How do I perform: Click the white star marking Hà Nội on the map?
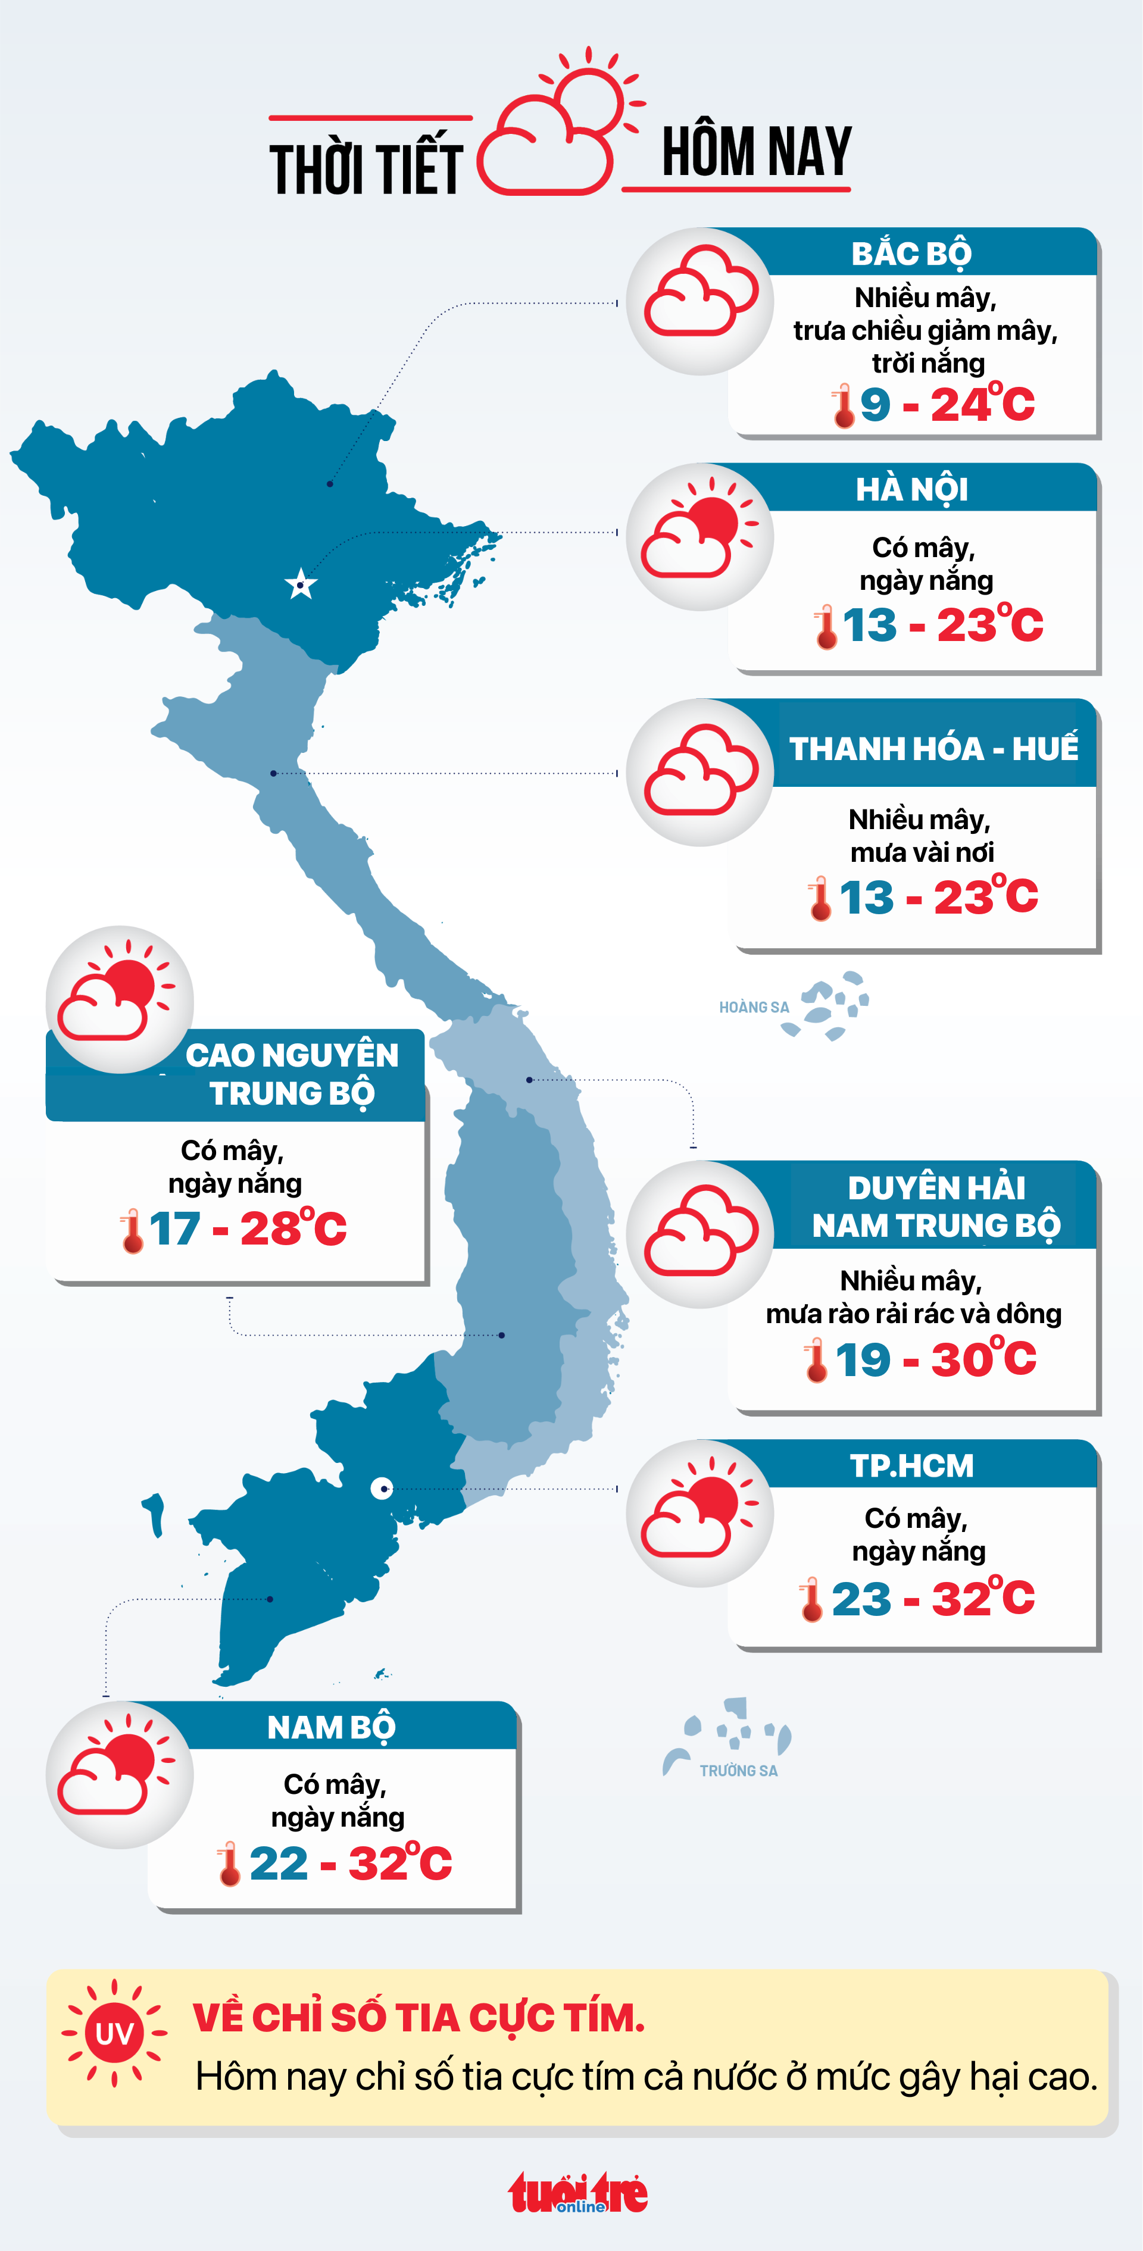[301, 584]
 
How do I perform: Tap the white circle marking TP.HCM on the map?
[382, 1488]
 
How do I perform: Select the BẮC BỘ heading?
[911, 254]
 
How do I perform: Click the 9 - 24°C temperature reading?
[947, 405]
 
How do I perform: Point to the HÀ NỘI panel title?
[911, 489]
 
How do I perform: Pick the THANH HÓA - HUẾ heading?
[933, 749]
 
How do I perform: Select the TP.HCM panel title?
[911, 1465]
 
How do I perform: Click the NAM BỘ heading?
[331, 1728]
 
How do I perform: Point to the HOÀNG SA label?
[753, 1008]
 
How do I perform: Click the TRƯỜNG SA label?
[738, 1771]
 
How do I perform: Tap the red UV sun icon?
[114, 2033]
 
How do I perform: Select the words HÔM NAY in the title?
[756, 152]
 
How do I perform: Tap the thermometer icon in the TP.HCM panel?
[811, 1599]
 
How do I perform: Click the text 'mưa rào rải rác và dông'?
[913, 1314]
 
